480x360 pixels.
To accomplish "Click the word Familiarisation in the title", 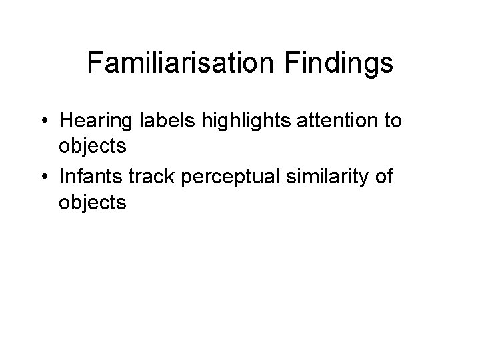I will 179,63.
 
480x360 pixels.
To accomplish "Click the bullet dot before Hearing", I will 43,122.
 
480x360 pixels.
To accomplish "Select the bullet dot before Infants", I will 43,178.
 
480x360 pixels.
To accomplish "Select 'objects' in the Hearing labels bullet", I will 92,146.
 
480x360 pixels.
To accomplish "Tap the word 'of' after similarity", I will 385,178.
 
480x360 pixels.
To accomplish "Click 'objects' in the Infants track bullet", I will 92,202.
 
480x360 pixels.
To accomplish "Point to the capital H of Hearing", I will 65,122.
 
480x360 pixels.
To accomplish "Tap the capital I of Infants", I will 61,178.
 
